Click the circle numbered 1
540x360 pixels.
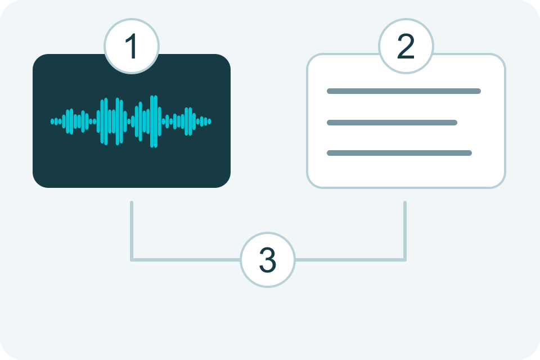[132, 46]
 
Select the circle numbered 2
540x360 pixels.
[406, 46]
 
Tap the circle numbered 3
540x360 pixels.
[268, 260]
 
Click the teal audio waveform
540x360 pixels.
[131, 121]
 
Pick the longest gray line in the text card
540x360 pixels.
[404, 91]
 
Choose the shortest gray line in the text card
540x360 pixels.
[392, 123]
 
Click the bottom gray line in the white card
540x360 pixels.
[399, 153]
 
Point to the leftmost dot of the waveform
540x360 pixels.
[52, 121]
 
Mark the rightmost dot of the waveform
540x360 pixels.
[209, 121]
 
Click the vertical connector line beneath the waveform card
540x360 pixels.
[132, 230]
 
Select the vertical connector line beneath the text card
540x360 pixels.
[405, 230]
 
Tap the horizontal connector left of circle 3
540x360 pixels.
[186, 260]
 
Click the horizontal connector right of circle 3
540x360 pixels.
[350, 260]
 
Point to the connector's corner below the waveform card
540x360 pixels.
[132, 260]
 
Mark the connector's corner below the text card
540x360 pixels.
[405, 260]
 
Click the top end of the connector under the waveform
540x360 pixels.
[132, 202]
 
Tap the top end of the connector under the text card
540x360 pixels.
[405, 202]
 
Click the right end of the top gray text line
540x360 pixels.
[479, 91]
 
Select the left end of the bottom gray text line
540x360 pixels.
[329, 153]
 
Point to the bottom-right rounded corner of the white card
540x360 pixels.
[501, 183]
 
